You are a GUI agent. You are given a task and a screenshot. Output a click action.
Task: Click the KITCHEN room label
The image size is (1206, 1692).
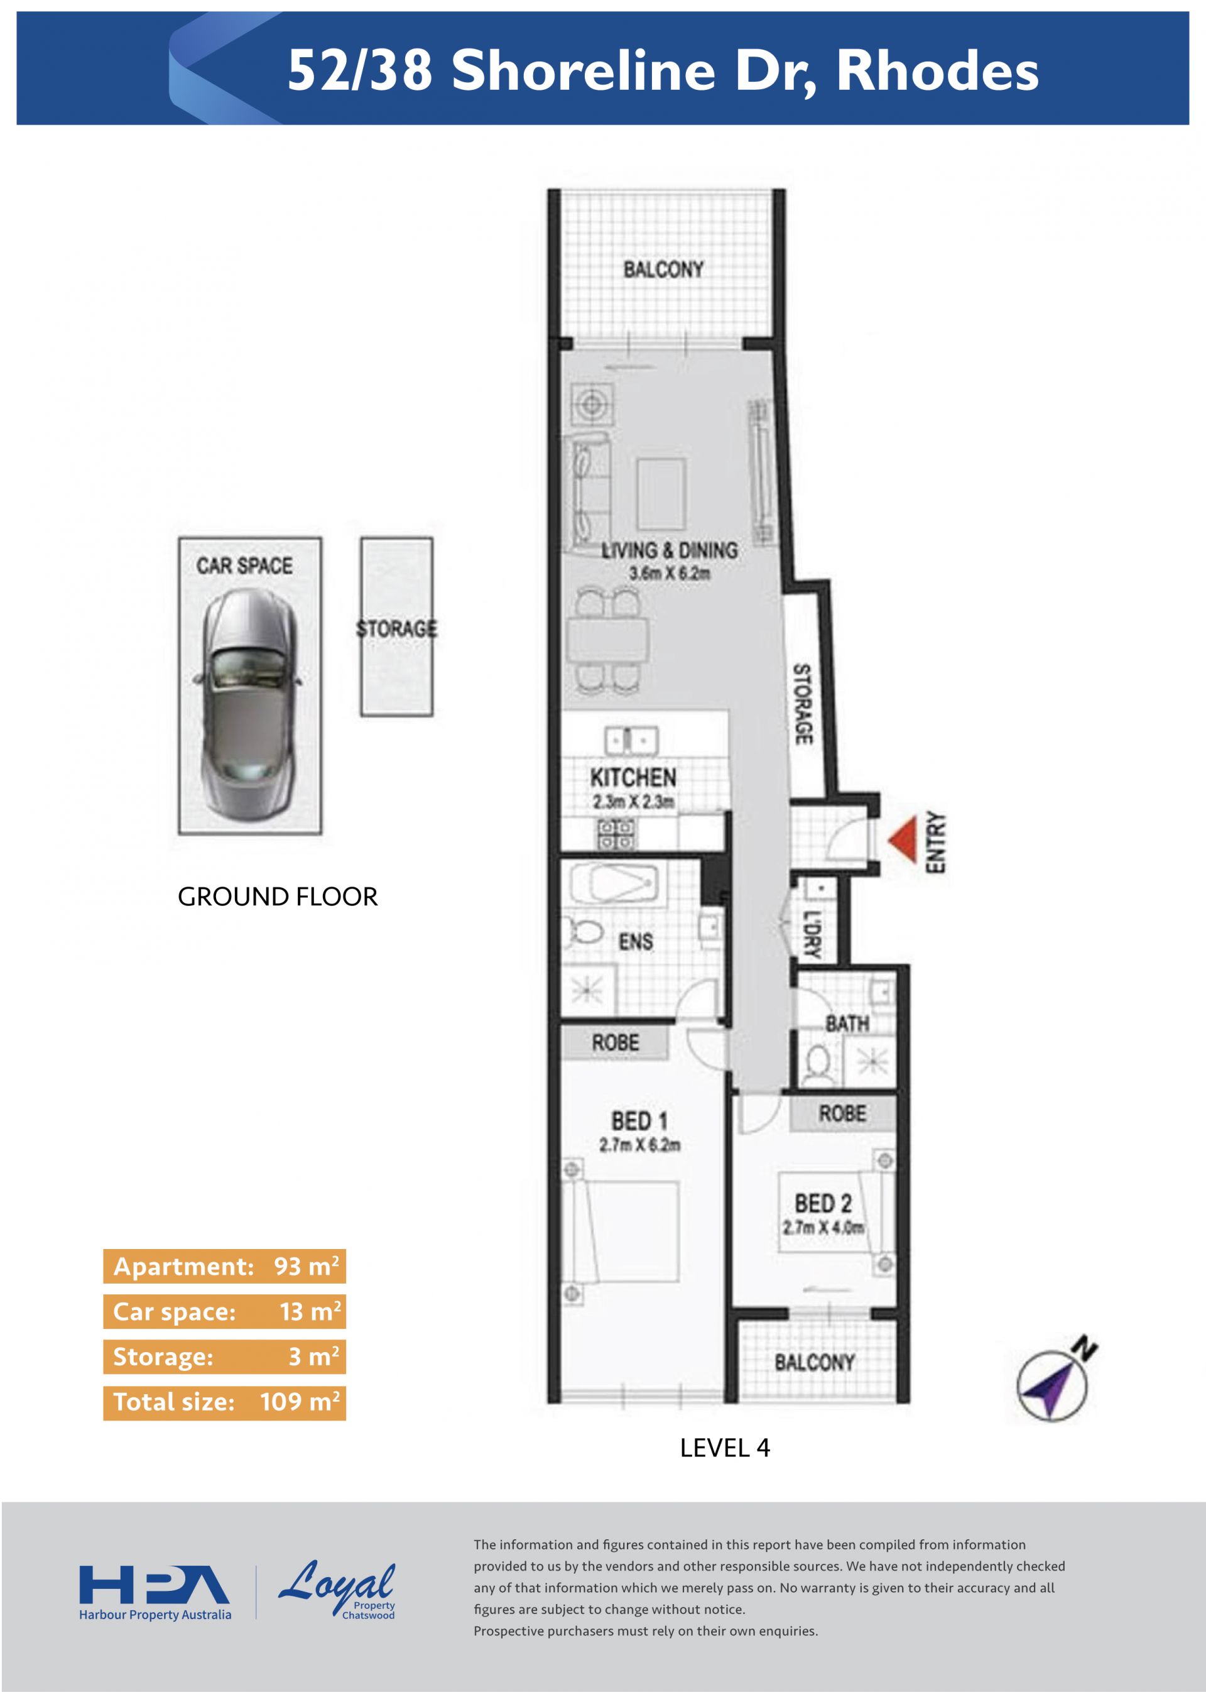pos(633,778)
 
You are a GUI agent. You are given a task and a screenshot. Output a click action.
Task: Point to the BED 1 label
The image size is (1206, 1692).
pos(639,1120)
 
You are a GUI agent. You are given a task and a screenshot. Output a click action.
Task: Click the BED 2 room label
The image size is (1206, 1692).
pos(823,1203)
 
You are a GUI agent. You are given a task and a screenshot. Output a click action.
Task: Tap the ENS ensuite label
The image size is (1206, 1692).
pos(636,942)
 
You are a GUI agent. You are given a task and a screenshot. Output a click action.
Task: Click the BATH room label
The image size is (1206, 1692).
pos(847,1023)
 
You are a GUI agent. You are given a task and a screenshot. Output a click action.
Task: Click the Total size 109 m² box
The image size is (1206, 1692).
pos(224,1402)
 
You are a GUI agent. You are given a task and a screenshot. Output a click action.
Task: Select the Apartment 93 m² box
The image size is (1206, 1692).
pos(224,1267)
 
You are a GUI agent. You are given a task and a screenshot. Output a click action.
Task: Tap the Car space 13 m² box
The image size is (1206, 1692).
pos(224,1312)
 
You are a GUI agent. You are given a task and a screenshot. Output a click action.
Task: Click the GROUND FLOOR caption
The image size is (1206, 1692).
pos(278,897)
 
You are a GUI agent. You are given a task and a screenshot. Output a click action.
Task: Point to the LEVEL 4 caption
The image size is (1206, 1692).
pos(725,1448)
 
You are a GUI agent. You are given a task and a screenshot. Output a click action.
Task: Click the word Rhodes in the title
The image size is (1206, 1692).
pos(938,70)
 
